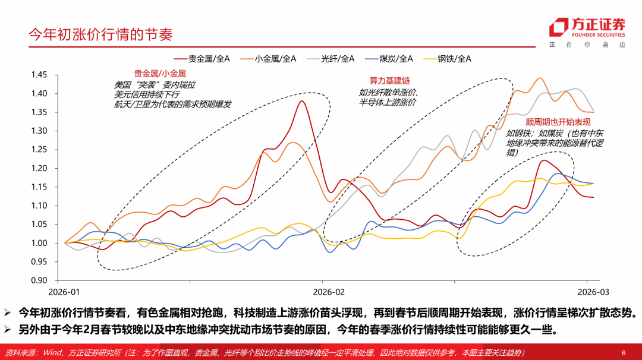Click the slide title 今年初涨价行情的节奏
tap(101, 34)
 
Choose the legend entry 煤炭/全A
tap(396, 58)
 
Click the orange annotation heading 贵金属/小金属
tap(160, 74)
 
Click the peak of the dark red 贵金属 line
tap(302, 102)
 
